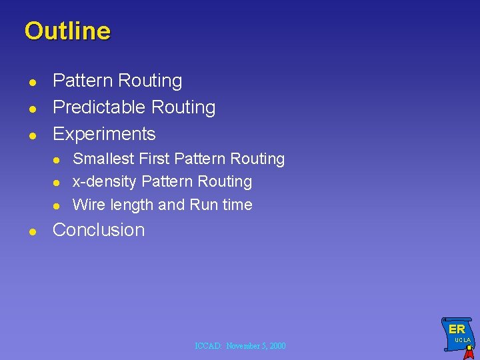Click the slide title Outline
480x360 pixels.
click(67, 31)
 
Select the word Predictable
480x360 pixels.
click(99, 107)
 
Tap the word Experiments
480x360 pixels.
click(104, 134)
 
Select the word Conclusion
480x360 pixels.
click(99, 230)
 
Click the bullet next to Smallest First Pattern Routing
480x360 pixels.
click(57, 160)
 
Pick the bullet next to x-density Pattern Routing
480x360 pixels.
click(57, 183)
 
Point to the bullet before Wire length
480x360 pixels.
click(57, 205)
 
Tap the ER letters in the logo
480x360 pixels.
click(457, 329)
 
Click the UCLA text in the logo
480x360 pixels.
click(463, 341)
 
